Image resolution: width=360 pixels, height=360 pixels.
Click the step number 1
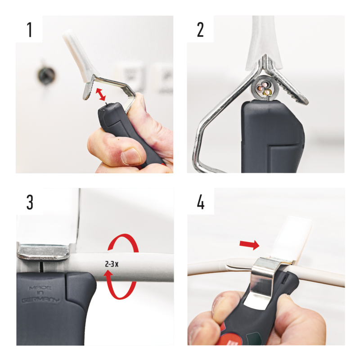pyautogui.click(x=29, y=30)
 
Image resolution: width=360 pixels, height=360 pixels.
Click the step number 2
pyautogui.click(x=200, y=30)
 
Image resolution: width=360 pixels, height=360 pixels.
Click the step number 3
pyautogui.click(x=30, y=202)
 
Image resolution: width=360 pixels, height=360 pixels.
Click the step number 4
pyautogui.click(x=201, y=202)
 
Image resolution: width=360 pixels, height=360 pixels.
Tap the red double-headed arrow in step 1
pyautogui.click(x=100, y=94)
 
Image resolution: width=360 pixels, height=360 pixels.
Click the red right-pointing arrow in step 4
pyautogui.click(x=249, y=245)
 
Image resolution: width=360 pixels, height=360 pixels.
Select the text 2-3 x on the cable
pyautogui.click(x=112, y=264)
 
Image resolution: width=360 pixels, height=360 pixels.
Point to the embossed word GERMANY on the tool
pyautogui.click(x=40, y=300)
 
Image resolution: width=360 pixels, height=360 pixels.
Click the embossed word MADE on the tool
pyautogui.click(x=40, y=288)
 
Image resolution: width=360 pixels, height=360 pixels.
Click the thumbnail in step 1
pyautogui.click(x=131, y=156)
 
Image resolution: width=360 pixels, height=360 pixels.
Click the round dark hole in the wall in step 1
pyautogui.click(x=46, y=75)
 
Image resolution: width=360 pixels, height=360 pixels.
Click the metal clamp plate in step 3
pyautogui.click(x=43, y=252)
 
